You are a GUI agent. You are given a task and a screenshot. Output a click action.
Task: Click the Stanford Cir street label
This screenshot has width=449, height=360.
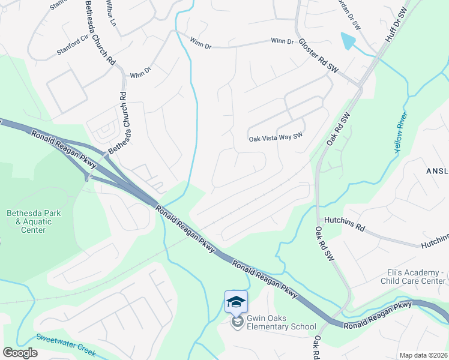point(71,47)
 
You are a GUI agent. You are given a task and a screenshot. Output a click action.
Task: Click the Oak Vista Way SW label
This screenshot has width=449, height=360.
point(276,138)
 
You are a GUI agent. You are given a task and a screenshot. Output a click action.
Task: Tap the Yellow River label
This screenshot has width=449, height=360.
point(401,131)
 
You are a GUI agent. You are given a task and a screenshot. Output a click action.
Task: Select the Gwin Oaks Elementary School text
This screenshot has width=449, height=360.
point(281,327)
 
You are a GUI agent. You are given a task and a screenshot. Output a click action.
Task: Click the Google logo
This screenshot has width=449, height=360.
point(20,352)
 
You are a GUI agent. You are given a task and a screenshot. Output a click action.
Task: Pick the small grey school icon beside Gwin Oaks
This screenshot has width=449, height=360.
point(238,323)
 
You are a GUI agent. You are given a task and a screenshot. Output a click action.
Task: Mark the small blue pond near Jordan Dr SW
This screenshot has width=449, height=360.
point(348,41)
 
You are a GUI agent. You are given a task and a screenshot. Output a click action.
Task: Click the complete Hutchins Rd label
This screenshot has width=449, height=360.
point(344,228)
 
